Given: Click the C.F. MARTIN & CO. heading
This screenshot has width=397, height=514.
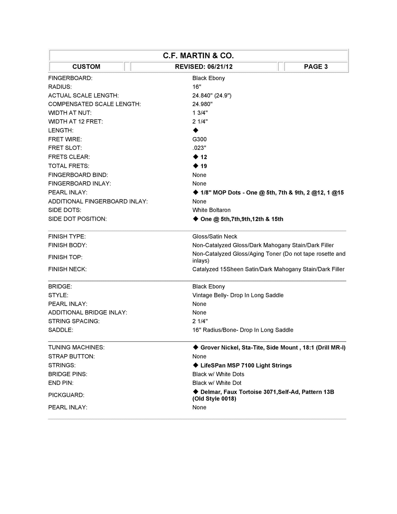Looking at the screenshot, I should tap(198, 56).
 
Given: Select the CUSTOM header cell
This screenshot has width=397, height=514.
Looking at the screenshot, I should tap(86, 67).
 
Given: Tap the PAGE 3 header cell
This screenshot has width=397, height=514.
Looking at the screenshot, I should tap(316, 67).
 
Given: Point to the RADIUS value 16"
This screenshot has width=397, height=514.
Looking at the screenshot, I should tap(197, 87).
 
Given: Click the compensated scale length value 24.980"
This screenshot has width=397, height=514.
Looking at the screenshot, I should tap(202, 104).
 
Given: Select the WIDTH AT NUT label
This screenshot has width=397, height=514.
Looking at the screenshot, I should tap(70, 113).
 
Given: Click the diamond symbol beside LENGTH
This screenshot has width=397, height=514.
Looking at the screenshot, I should tap(196, 130).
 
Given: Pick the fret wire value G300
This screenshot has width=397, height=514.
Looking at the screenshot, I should tap(199, 139).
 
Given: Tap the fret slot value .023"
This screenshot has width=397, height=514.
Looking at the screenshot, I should tap(199, 148).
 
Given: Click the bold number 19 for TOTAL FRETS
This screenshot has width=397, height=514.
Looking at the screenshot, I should tap(204, 166).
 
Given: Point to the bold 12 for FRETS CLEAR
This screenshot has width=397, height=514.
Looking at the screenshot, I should tap(204, 157).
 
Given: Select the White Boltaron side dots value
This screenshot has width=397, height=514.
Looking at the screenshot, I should tap(211, 210).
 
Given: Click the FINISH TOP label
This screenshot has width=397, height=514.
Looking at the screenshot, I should tap(65, 257).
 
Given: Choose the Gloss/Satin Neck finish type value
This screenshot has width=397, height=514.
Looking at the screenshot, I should tap(215, 236).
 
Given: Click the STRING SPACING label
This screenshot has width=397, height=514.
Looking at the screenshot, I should tap(74, 321).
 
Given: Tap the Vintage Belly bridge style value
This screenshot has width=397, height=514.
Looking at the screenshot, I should tap(238, 295).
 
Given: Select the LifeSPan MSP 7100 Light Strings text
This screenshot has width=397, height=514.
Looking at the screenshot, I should tap(246, 365).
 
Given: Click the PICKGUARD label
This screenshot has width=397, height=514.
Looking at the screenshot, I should tap(66, 395).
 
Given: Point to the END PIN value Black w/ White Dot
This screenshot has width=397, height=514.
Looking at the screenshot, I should tap(216, 383).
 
